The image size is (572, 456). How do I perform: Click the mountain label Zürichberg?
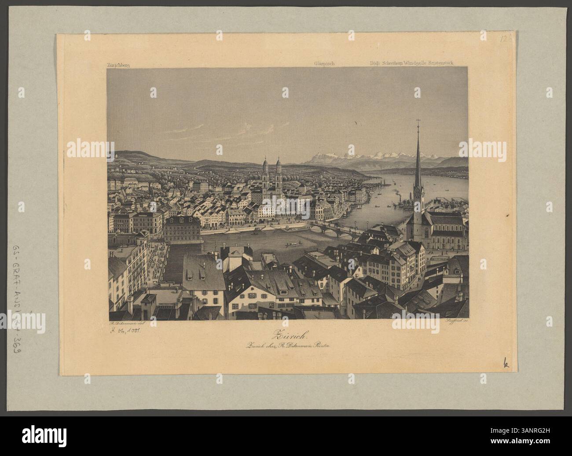pos(117,65)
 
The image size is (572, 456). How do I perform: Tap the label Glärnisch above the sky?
pos(325,63)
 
